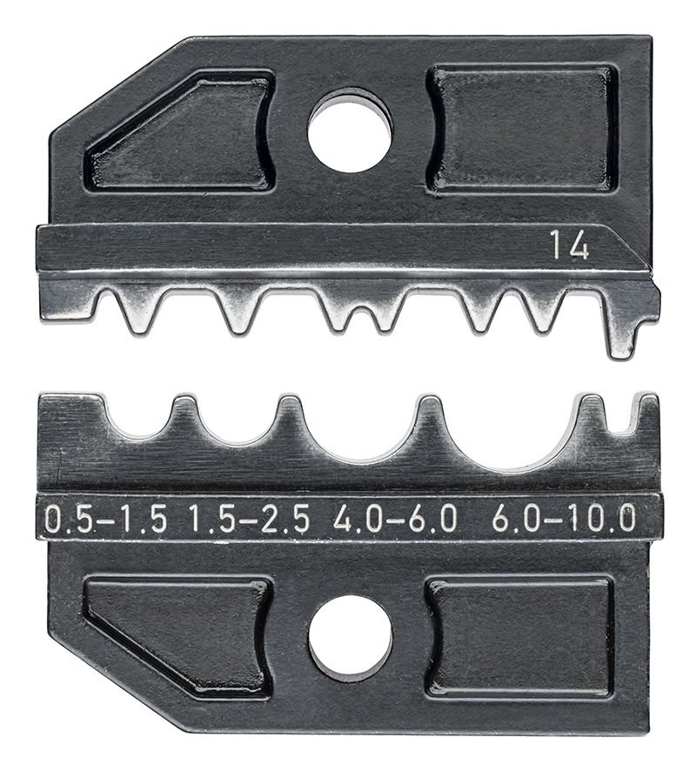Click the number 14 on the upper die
point(569,247)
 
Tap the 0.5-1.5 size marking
point(105,520)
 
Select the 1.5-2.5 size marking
point(249,520)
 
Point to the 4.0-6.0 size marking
point(395,520)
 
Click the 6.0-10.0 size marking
point(563,520)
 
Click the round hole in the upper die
point(350,131)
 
